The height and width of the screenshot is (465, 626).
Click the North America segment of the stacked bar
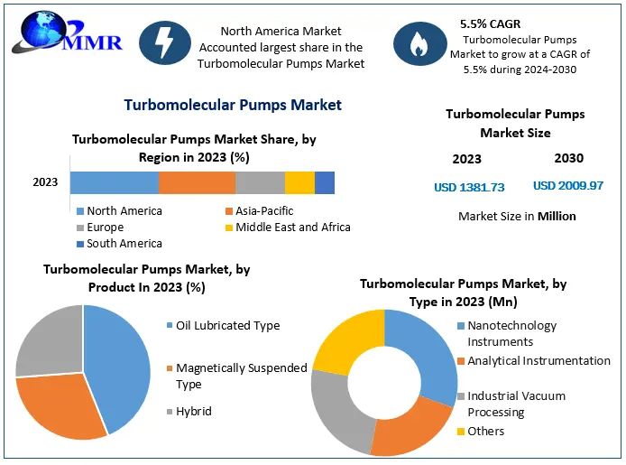(x=115, y=182)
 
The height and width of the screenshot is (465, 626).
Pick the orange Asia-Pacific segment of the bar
(x=197, y=182)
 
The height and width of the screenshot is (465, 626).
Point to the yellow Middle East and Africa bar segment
(x=299, y=182)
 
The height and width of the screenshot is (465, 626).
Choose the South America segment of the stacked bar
(x=325, y=182)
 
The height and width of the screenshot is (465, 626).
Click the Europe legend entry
(x=105, y=228)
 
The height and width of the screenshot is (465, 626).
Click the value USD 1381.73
(x=469, y=187)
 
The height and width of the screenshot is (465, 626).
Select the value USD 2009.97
(x=568, y=186)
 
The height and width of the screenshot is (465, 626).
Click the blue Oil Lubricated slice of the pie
(x=122, y=361)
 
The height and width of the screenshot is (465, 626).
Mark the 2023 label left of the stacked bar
(x=45, y=182)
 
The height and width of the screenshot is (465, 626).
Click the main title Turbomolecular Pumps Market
(x=233, y=106)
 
